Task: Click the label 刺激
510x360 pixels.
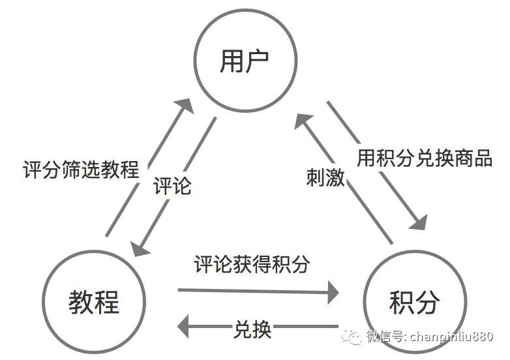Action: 325,177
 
